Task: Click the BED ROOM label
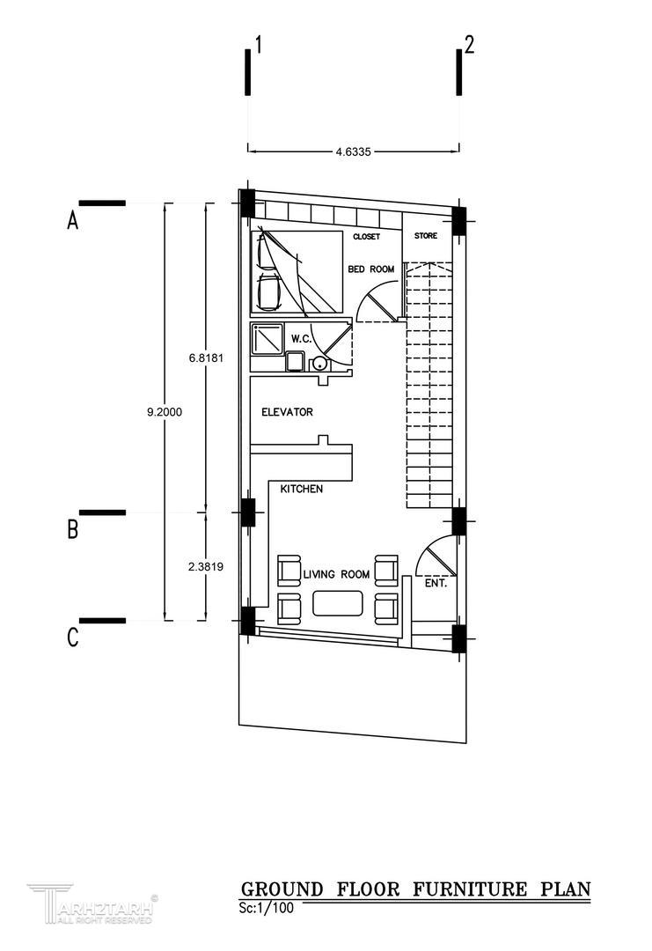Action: pyautogui.click(x=370, y=269)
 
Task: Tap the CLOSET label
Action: pyautogui.click(x=367, y=237)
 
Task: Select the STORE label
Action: pyautogui.click(x=425, y=235)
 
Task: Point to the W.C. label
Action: pyautogui.click(x=301, y=339)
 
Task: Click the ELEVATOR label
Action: pyautogui.click(x=287, y=412)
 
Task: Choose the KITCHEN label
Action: pyautogui.click(x=301, y=489)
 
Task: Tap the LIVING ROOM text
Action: pyautogui.click(x=336, y=574)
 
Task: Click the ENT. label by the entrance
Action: pyautogui.click(x=436, y=584)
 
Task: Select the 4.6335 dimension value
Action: pyautogui.click(x=353, y=151)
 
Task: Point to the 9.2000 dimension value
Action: pyautogui.click(x=165, y=412)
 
